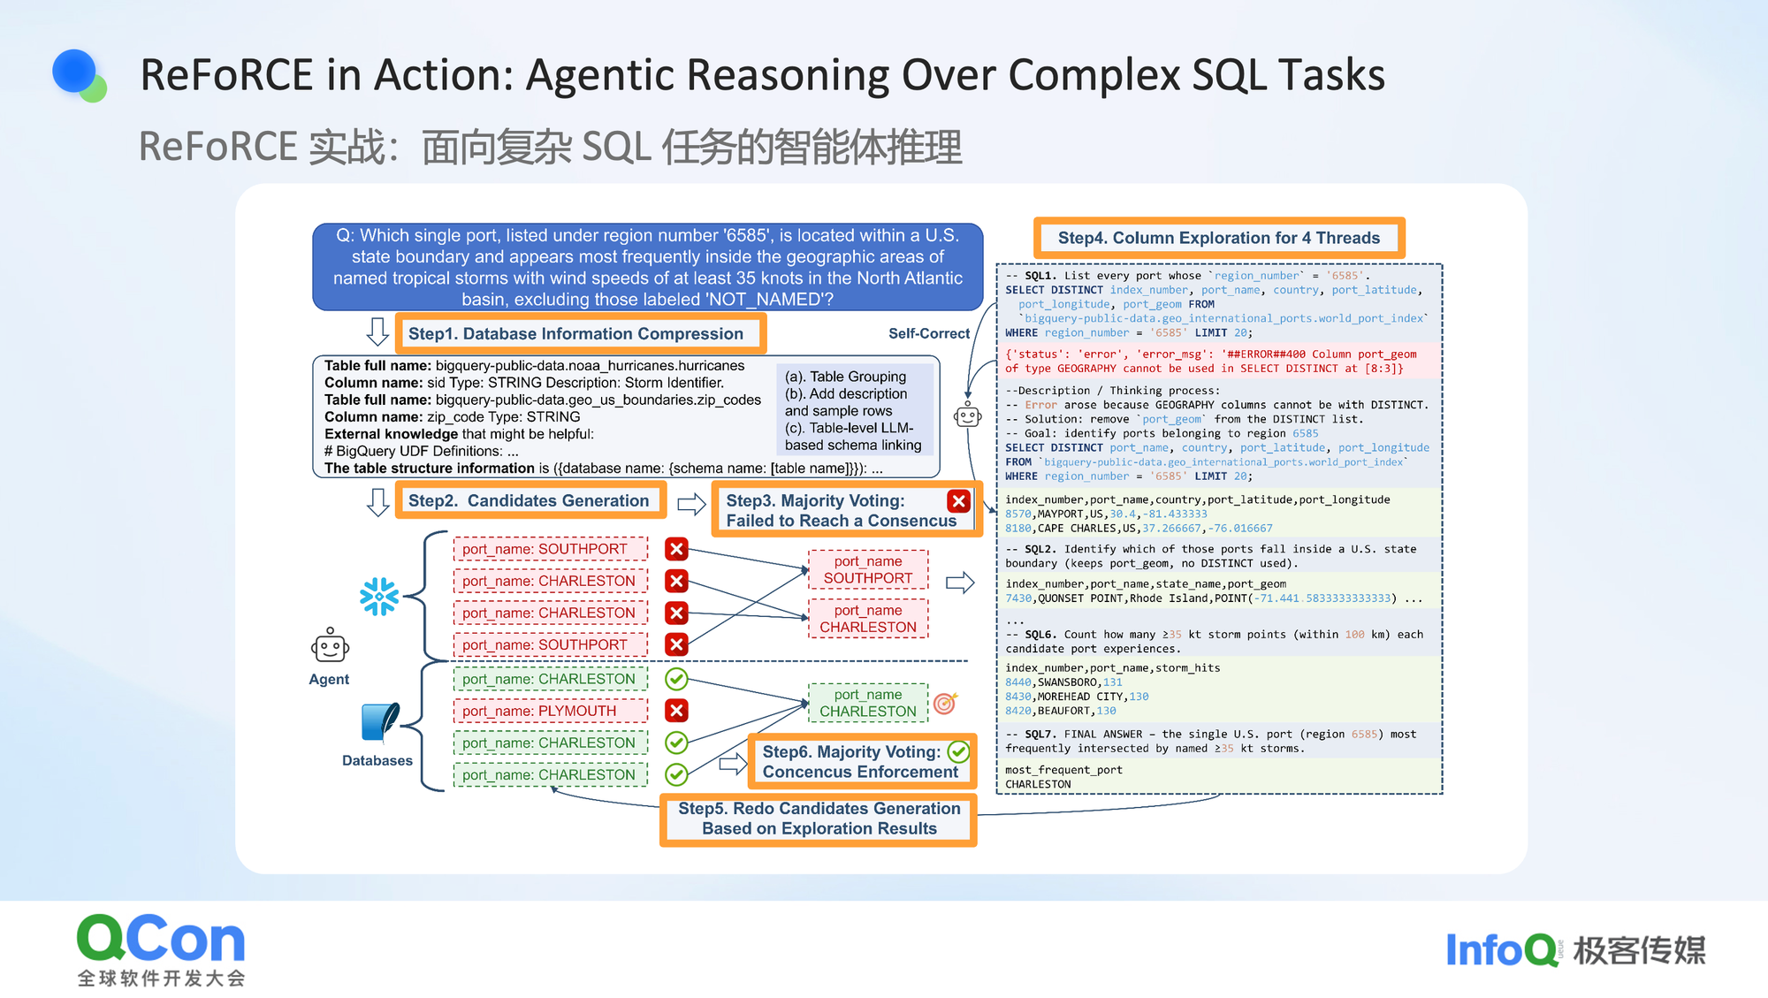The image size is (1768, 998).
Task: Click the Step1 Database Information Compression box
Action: [x=580, y=334]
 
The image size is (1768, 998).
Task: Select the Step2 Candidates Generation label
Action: [x=530, y=501]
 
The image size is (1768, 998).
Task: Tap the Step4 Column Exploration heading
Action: [x=1218, y=238]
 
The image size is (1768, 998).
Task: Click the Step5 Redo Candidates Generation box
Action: [x=819, y=819]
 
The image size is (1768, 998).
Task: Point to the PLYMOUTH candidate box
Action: [x=550, y=711]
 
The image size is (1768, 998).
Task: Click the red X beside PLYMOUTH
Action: [x=676, y=711]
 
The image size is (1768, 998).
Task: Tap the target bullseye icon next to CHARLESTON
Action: [x=945, y=704]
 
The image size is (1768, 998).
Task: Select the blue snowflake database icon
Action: [x=379, y=597]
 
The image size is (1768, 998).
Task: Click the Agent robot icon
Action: [x=330, y=646]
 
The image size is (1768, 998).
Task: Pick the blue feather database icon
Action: [x=381, y=722]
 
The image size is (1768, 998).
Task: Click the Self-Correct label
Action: [x=928, y=333]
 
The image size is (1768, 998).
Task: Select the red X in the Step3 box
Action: [x=958, y=501]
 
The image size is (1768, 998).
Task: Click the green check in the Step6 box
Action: [x=958, y=752]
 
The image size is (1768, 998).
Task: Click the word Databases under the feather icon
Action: [x=377, y=760]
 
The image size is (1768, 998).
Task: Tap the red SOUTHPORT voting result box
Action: [x=868, y=569]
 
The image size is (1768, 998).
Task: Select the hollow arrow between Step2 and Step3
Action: [x=691, y=504]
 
